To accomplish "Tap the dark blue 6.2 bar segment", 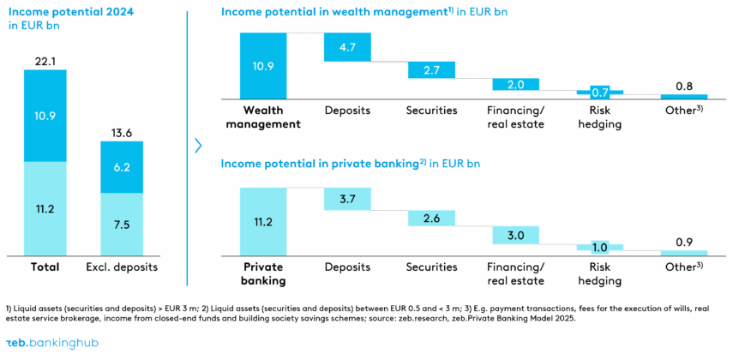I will coord(122,167).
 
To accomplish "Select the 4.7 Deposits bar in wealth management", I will coord(347,48).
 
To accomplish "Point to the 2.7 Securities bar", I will coord(430,69).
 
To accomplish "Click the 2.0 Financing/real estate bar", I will coord(515,84).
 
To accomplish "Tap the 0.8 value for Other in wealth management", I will coord(684,86).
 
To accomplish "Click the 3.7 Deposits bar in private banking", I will coord(347,199).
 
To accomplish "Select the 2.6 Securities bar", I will coord(430,219).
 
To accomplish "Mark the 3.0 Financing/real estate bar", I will coord(515,236).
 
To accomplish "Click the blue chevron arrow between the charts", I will coord(198,146).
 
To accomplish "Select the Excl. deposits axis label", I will coord(122,267).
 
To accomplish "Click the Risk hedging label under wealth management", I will coord(599,117).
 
